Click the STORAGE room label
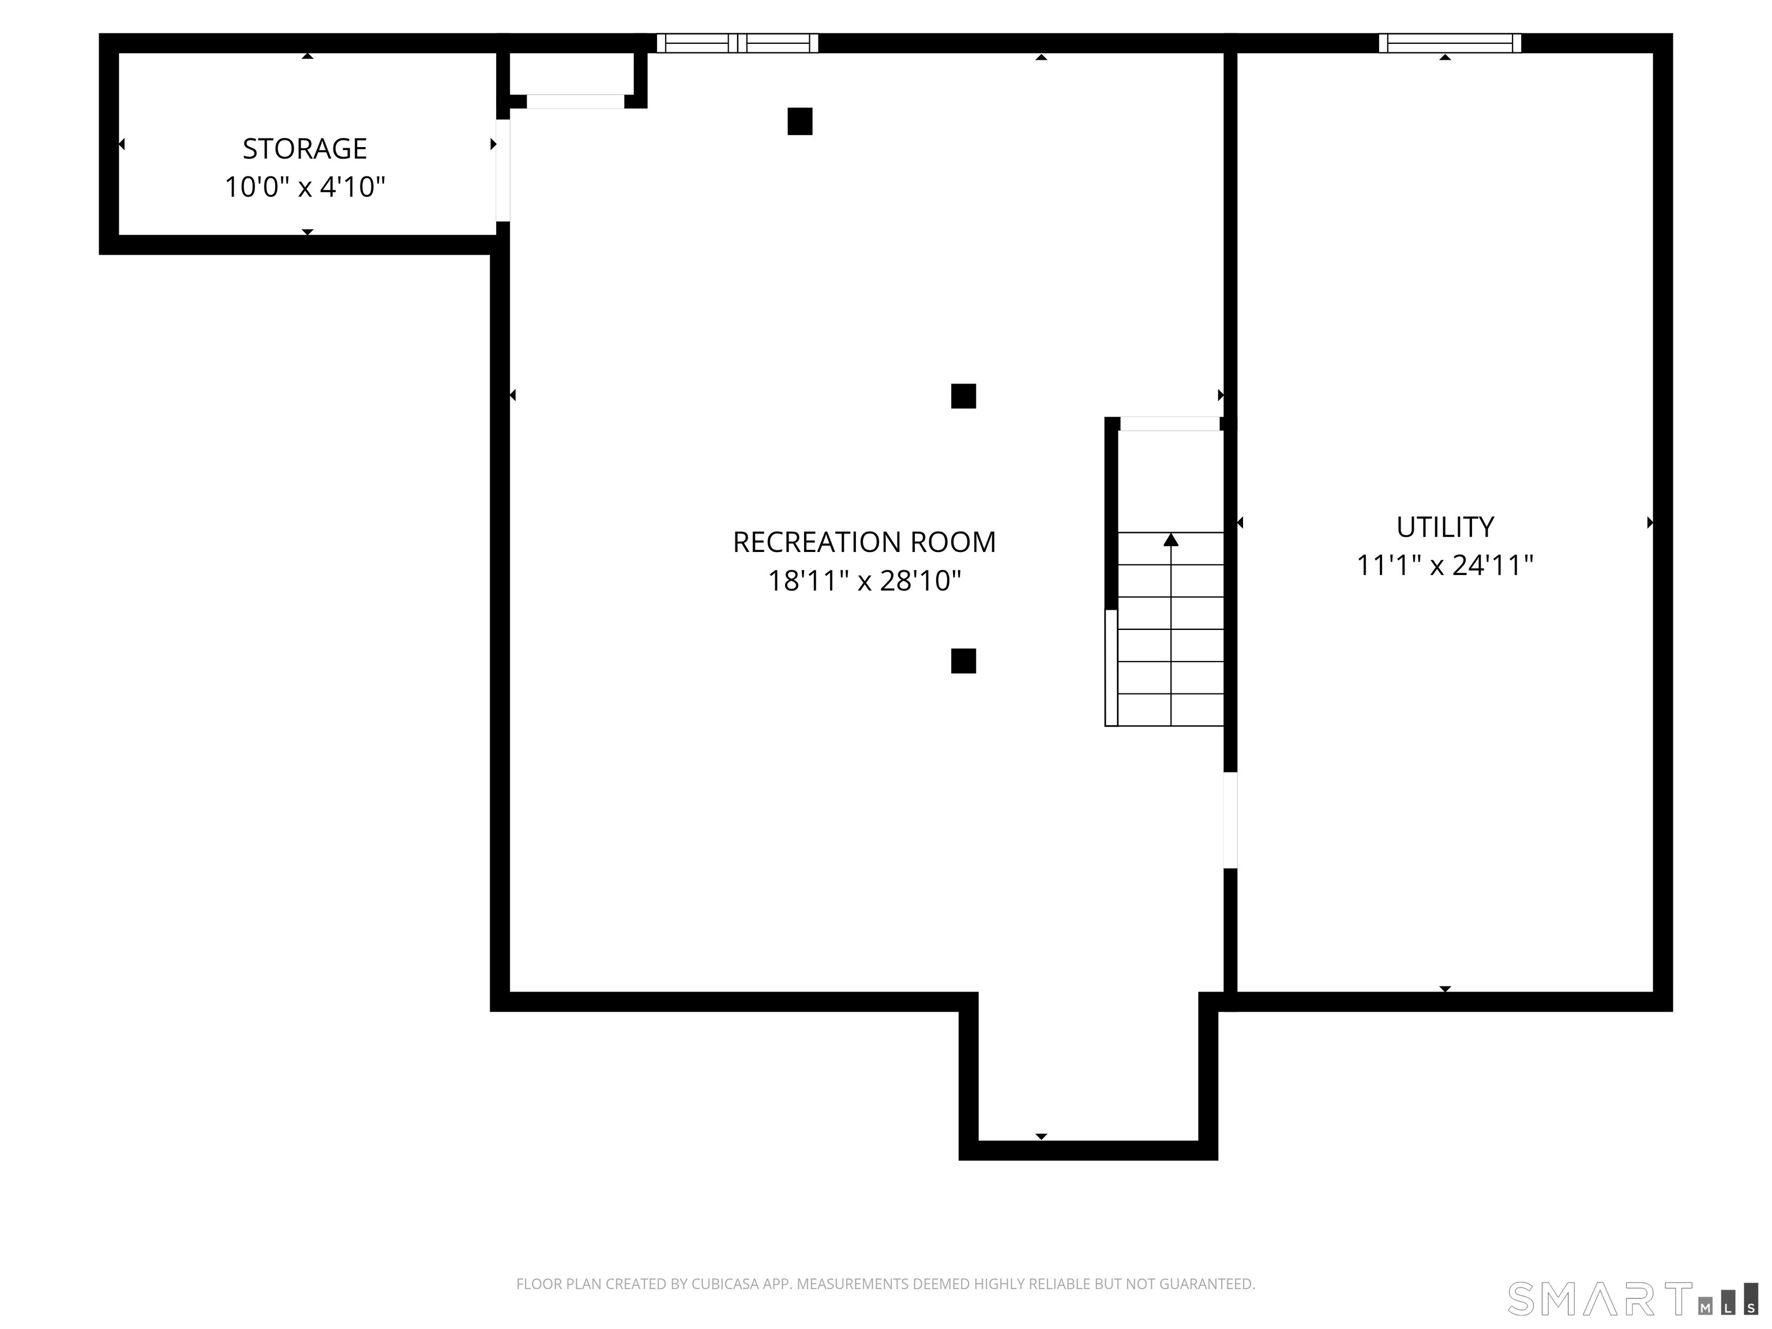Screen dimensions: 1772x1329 point(305,148)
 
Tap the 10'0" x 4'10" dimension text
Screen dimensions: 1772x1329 point(305,187)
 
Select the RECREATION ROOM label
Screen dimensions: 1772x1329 point(865,542)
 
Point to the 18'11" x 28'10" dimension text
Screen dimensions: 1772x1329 point(865,581)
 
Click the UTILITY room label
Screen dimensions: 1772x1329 point(1445,527)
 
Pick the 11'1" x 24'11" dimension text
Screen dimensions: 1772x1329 point(1445,565)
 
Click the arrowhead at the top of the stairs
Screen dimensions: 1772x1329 point(1171,539)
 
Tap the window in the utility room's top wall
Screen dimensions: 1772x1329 point(1450,43)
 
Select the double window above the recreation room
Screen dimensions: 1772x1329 point(737,43)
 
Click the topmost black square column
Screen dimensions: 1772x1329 point(800,122)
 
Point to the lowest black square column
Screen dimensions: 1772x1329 point(964,661)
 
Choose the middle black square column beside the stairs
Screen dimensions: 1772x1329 point(964,396)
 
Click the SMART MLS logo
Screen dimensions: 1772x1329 point(1632,1300)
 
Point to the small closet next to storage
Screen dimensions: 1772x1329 point(572,74)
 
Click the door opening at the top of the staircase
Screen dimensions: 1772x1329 point(1170,424)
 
